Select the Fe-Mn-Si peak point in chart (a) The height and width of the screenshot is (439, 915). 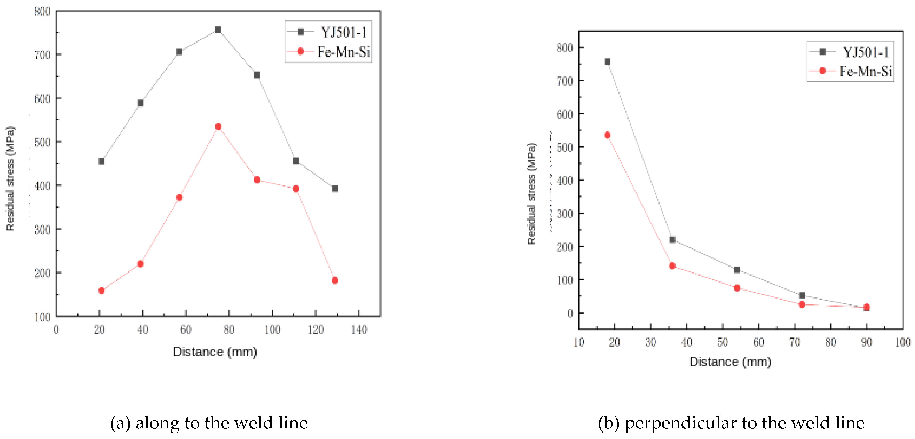click(218, 126)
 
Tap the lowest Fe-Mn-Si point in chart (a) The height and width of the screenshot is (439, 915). click(101, 290)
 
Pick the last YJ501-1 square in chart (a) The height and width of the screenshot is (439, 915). click(335, 188)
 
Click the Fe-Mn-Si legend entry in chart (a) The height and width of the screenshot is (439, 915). click(328, 52)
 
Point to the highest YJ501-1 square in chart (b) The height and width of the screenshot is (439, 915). click(607, 62)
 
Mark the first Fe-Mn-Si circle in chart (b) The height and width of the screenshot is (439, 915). click(607, 135)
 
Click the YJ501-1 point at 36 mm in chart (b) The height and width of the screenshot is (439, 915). click(672, 239)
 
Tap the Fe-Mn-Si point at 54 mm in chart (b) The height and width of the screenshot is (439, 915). click(737, 288)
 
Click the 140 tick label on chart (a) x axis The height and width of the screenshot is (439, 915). click(359, 330)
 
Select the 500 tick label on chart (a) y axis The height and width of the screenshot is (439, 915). click(42, 142)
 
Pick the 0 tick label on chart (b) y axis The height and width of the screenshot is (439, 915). click(570, 313)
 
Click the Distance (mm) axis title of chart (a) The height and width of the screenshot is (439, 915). click(215, 352)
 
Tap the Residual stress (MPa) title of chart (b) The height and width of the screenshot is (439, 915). click(531, 194)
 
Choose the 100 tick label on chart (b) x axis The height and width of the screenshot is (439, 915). click(903, 342)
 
